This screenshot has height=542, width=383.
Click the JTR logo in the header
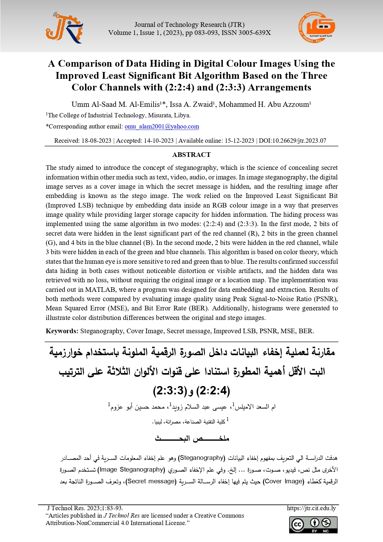coord(64,28)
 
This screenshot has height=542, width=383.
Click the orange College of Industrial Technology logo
coord(316,28)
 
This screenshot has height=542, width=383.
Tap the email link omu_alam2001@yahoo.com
coord(162,127)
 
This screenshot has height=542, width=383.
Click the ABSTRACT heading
coord(191,155)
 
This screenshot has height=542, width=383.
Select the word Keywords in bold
coord(62,331)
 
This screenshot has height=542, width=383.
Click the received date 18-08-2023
coord(96,141)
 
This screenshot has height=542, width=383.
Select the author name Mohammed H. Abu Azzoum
coord(264,105)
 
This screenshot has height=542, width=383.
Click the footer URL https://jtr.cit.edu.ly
coord(311,508)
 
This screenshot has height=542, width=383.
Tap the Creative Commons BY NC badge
coord(313,525)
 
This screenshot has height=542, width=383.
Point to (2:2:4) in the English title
coord(179,88)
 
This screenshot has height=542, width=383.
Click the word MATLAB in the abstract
coord(100,290)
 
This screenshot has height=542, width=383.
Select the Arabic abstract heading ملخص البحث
coord(192,439)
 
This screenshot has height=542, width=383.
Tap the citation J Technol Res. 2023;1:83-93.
coord(85,508)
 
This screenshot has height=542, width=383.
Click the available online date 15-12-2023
coord(239,141)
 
